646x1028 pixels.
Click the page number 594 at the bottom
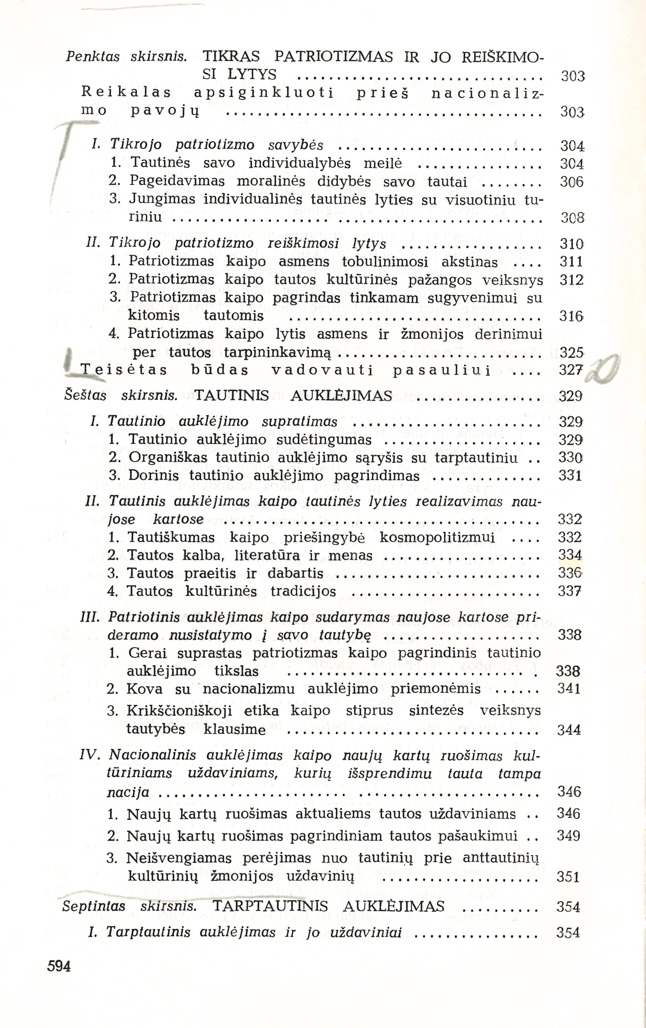pyautogui.click(x=59, y=966)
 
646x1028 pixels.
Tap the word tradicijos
pyautogui.click(x=303, y=592)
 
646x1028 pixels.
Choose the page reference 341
pyautogui.click(x=569, y=689)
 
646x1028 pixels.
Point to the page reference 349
pyautogui.click(x=568, y=835)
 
